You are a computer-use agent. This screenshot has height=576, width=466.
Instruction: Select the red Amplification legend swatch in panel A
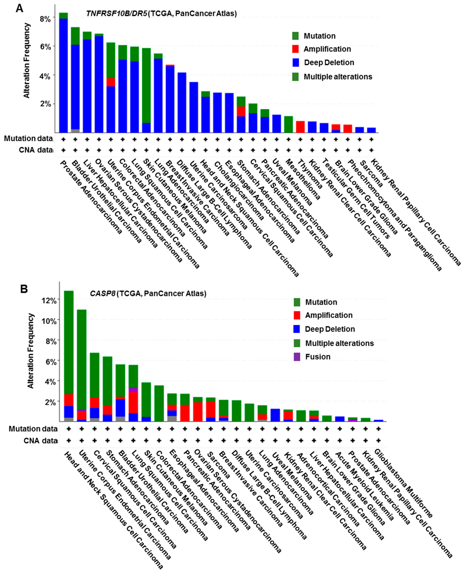pyautogui.click(x=295, y=49)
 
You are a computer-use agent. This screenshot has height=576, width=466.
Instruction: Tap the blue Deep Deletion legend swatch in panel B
pyautogui.click(x=297, y=329)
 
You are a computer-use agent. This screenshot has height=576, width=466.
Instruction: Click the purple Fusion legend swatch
pyautogui.click(x=297, y=357)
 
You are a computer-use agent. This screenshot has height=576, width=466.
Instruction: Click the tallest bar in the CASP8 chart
pyautogui.click(x=69, y=344)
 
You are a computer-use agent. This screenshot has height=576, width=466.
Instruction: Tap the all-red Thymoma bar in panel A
pyautogui.click(x=300, y=127)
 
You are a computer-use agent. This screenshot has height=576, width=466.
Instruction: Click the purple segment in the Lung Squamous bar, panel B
pyautogui.click(x=133, y=390)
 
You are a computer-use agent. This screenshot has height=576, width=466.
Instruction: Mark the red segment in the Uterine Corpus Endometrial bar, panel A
pyautogui.click(x=111, y=82)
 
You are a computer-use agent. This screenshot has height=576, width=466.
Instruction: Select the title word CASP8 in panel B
pyautogui.click(x=102, y=293)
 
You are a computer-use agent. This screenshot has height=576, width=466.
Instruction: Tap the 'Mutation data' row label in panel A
pyautogui.click(x=28, y=139)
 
